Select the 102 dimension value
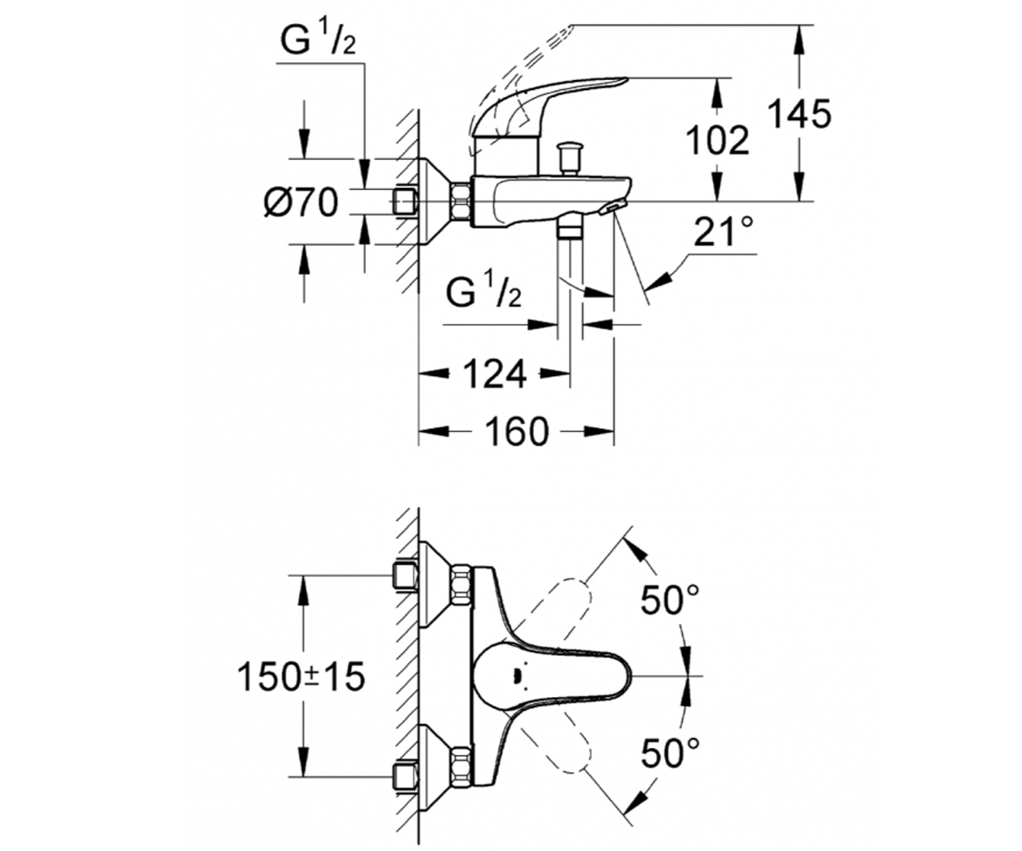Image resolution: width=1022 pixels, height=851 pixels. coord(718,140)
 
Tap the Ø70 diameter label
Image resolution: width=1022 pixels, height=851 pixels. coord(301,202)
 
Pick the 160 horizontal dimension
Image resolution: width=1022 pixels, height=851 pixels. coord(517,431)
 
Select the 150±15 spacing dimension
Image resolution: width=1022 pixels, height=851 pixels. coord(301,677)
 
